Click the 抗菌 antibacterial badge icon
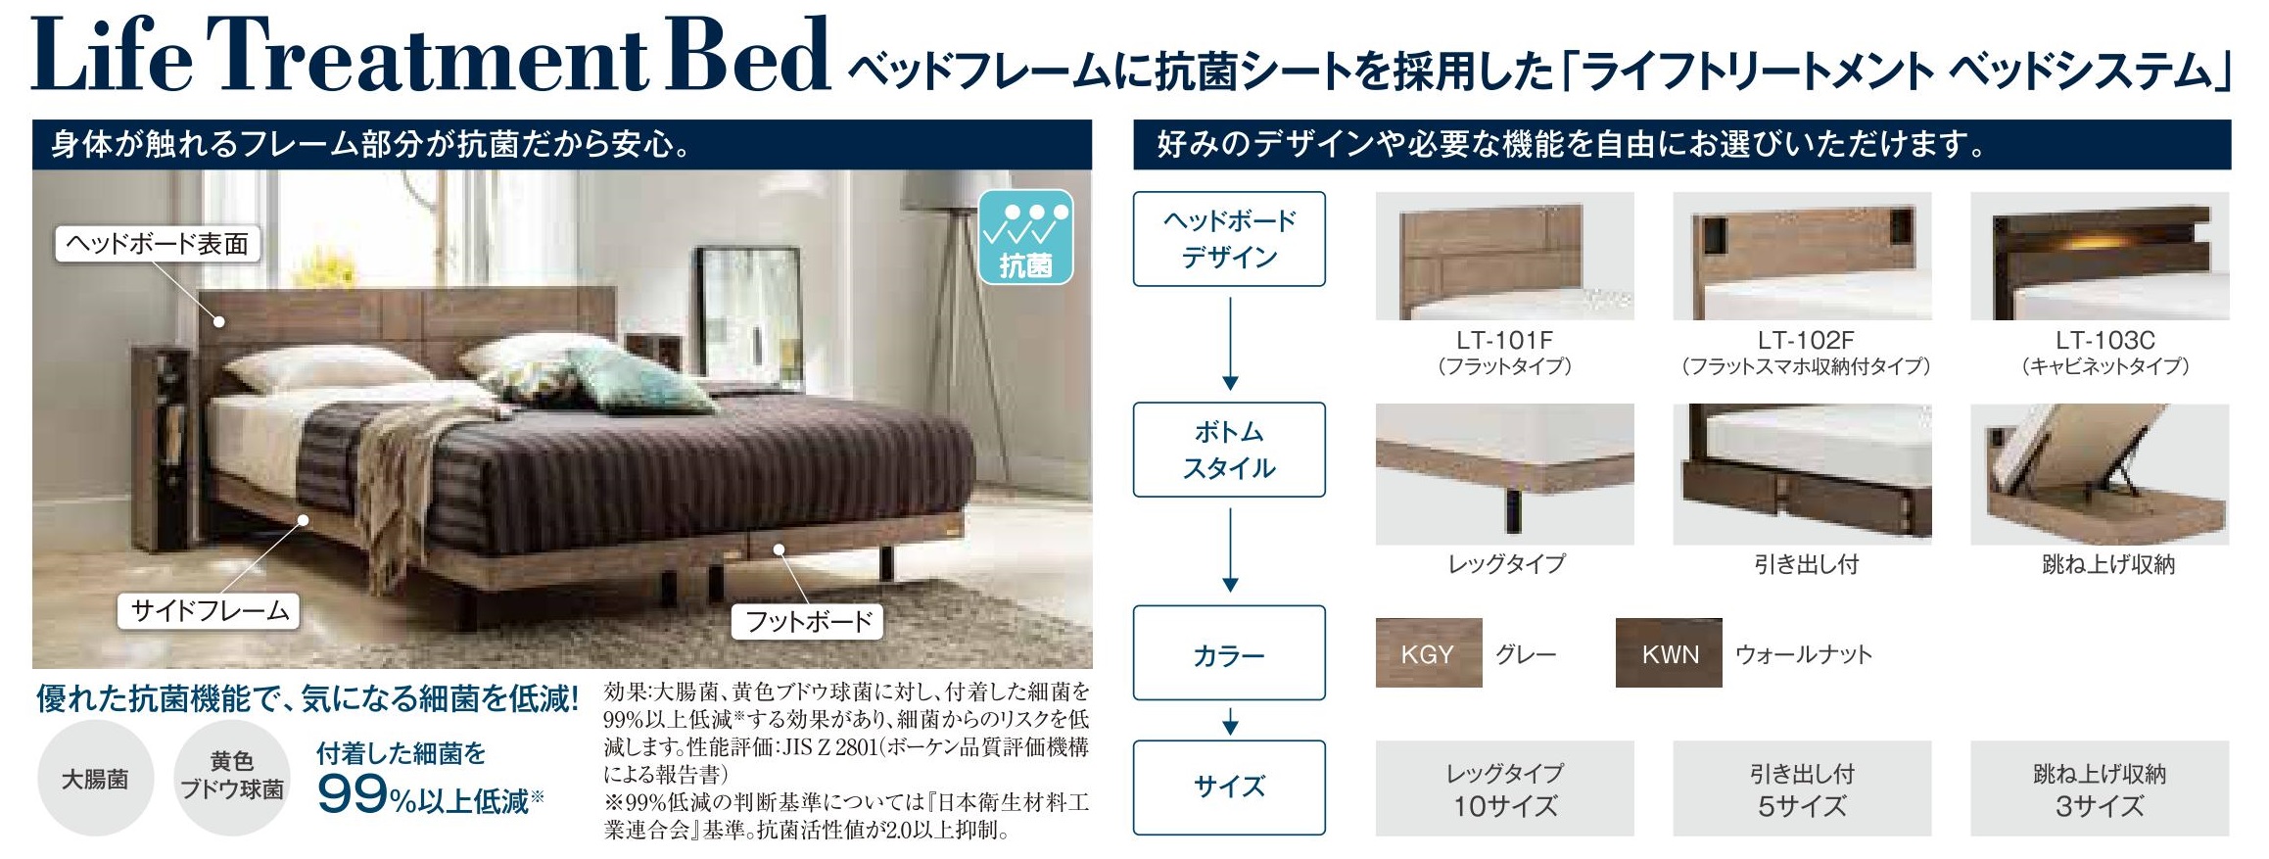click(1025, 237)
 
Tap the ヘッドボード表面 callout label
click(157, 244)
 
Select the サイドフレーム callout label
click(210, 610)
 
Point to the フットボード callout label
click(808, 621)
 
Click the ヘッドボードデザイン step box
click(1229, 239)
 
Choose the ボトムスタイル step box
click(1229, 450)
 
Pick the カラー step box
click(1229, 653)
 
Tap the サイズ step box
click(1229, 787)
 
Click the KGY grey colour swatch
click(1428, 653)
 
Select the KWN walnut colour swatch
click(1668, 653)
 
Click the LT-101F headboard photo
click(1504, 256)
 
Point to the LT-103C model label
click(2104, 340)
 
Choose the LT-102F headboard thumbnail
click(1802, 256)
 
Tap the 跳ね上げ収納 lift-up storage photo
click(2100, 474)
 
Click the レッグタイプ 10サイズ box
click(1504, 788)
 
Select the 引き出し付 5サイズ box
click(1802, 788)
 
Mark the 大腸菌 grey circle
click(95, 780)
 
